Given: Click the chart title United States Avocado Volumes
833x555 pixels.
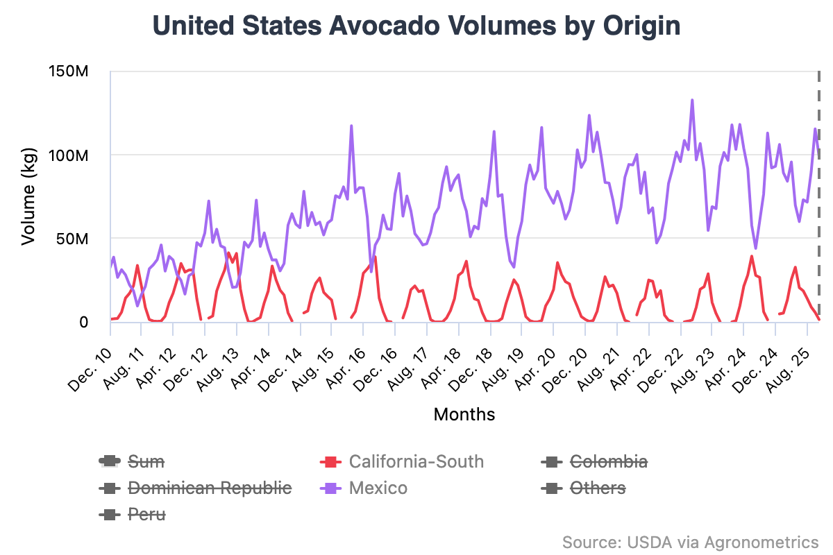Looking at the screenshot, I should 416,26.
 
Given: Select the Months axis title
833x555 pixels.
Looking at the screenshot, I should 464,415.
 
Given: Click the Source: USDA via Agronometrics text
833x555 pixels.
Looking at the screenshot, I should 690,542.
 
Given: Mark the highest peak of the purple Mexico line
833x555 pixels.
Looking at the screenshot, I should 692,100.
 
